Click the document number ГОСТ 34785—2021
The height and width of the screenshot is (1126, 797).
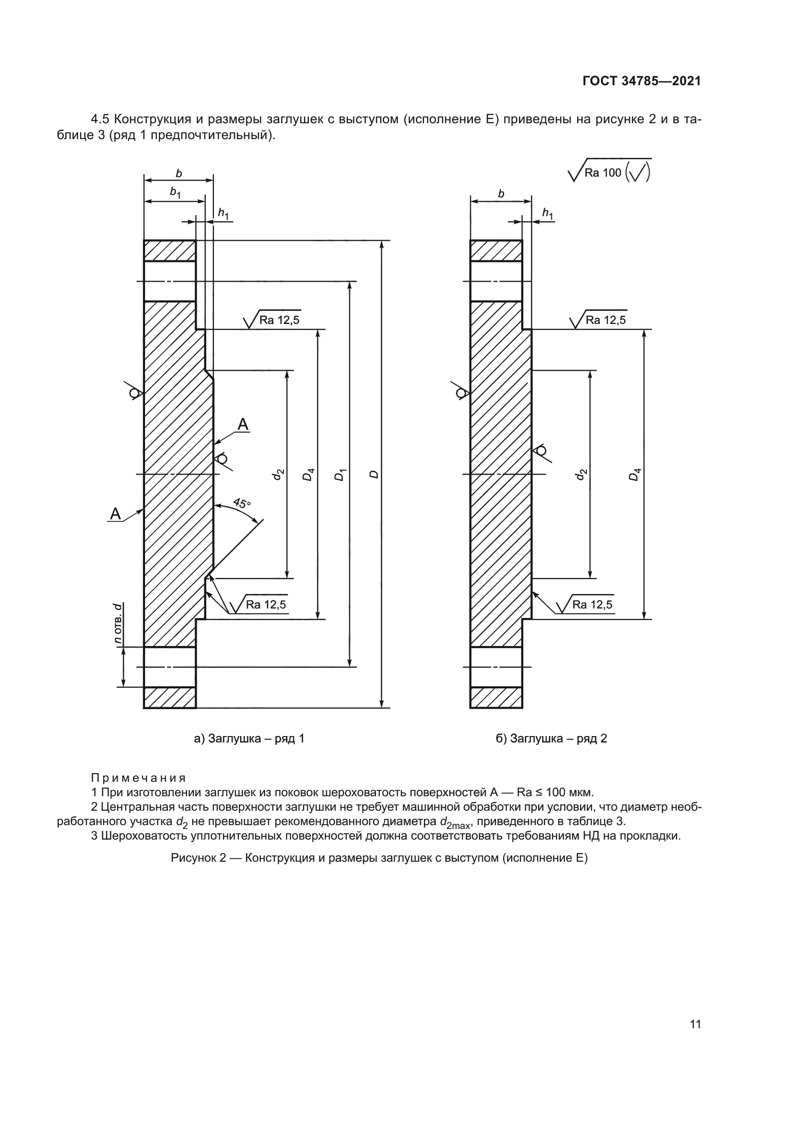641,81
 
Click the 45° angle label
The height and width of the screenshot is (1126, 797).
241,503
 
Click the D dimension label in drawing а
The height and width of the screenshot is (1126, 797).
374,474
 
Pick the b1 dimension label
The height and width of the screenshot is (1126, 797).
175,193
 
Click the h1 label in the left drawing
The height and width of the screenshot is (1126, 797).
223,213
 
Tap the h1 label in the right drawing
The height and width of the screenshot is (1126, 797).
548,213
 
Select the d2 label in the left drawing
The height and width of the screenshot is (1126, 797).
278,474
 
